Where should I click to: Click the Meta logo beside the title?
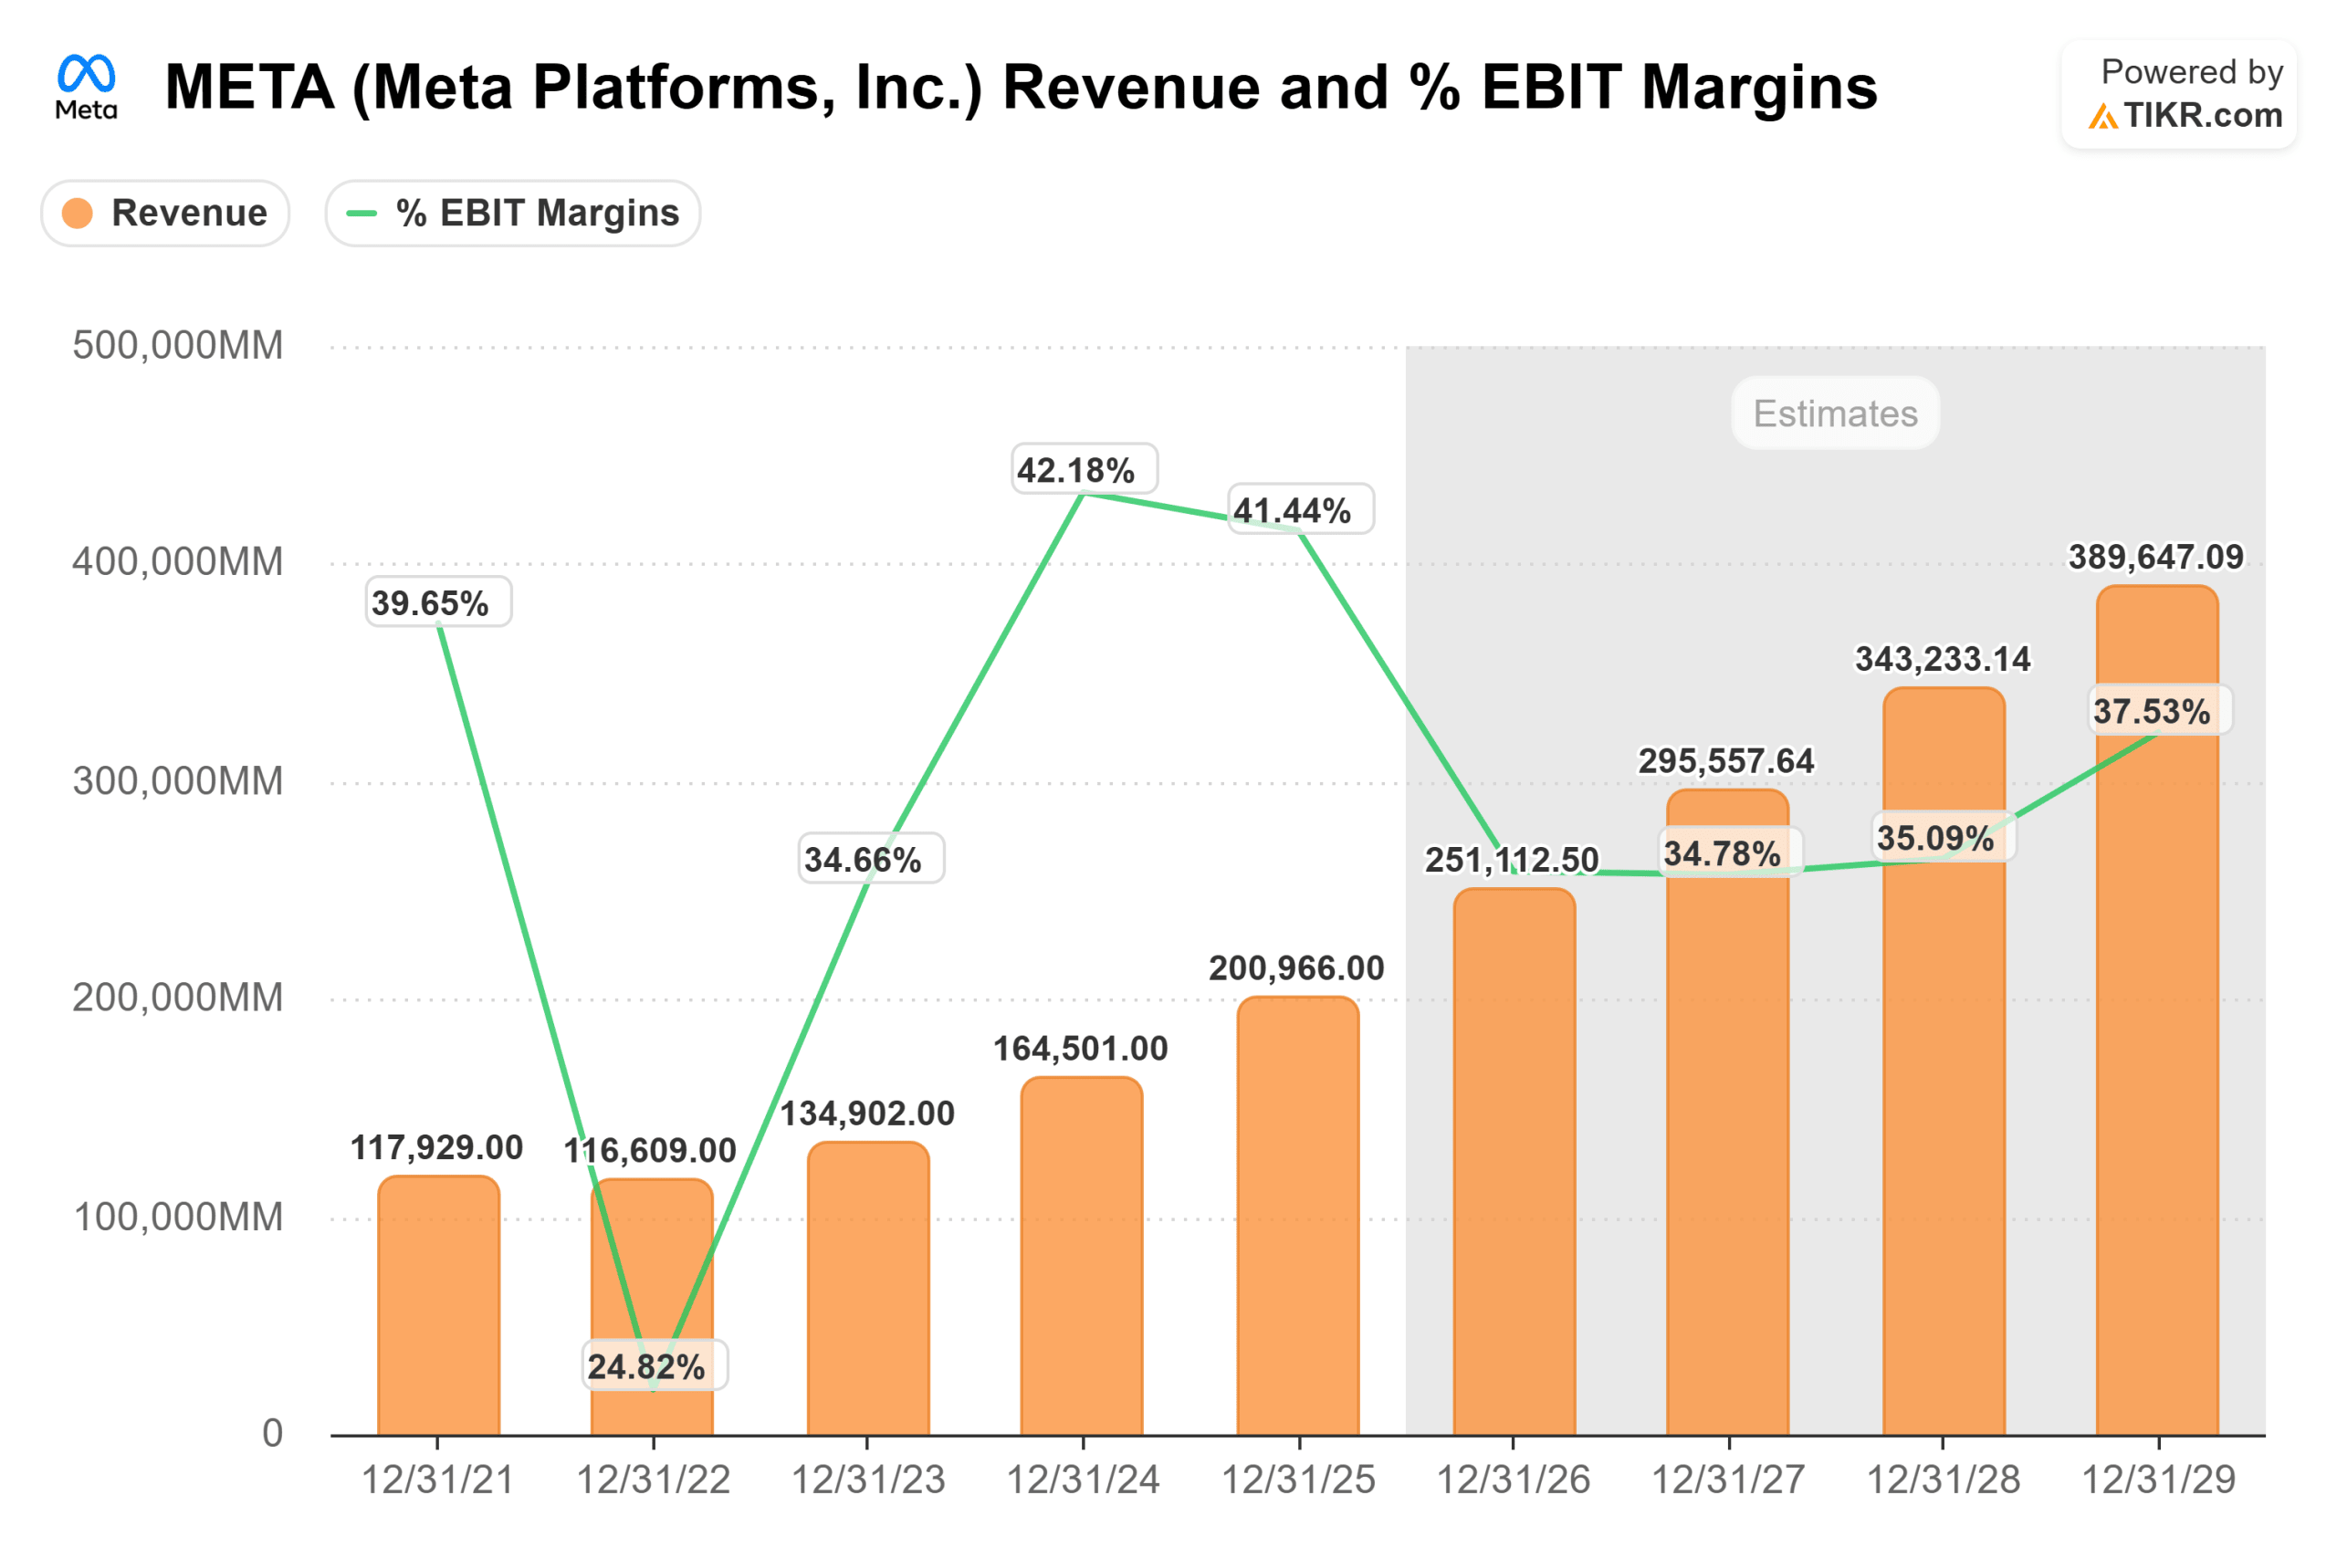click(87, 87)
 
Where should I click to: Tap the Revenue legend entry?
click(166, 213)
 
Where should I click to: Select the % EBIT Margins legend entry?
click(513, 213)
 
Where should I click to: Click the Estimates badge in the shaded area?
click(1834, 413)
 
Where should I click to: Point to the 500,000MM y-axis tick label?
click(178, 346)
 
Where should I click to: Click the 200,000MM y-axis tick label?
click(178, 998)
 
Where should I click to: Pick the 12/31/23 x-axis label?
click(867, 1480)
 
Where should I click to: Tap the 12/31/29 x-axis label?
click(2158, 1480)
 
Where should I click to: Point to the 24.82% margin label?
click(654, 1366)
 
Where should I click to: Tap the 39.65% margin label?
click(438, 602)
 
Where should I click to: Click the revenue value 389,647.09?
click(2155, 557)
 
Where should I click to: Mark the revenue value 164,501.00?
click(1080, 1049)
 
